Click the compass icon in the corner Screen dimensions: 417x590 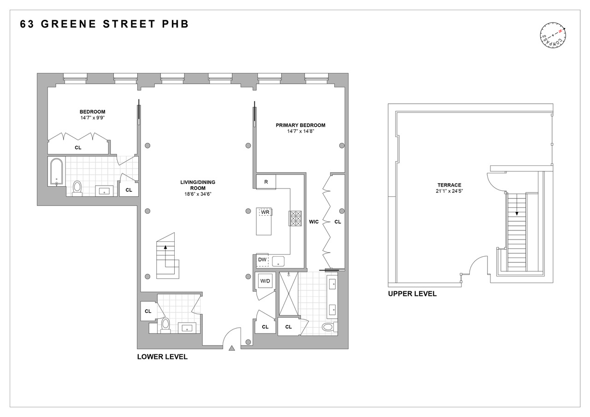tap(553, 36)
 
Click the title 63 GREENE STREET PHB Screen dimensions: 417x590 tap(105, 24)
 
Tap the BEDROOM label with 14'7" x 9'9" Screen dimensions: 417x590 tap(92, 115)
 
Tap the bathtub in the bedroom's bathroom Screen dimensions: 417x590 tap(57, 172)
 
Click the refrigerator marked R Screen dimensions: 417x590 tap(266, 182)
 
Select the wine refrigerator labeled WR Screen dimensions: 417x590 tap(265, 212)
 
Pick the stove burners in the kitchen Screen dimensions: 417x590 tap(295, 218)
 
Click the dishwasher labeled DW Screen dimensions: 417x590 tap(262, 260)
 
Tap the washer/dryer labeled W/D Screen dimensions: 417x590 tap(265, 281)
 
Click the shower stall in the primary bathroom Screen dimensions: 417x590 tap(288, 294)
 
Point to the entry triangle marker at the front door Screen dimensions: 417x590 tap(232, 348)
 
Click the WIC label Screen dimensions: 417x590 tap(314, 222)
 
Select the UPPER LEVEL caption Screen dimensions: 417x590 tap(412, 294)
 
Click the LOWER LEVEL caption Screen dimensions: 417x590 tap(162, 357)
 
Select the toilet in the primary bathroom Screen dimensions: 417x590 tap(328, 327)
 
